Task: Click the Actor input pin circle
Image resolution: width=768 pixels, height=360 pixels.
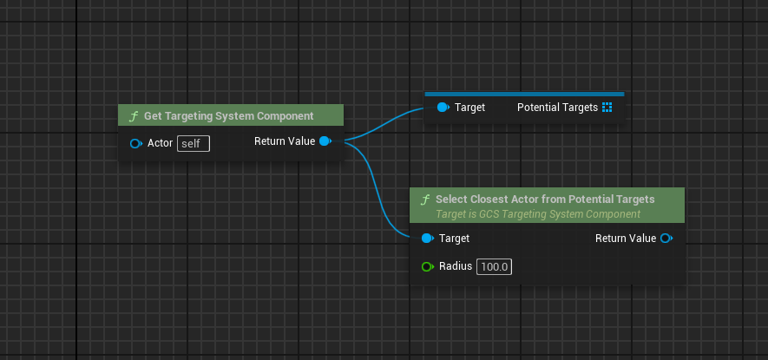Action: [x=135, y=143]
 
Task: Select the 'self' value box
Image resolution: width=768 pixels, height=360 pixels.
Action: [x=194, y=144]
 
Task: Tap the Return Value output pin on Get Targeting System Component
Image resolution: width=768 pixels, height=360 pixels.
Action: [x=325, y=141]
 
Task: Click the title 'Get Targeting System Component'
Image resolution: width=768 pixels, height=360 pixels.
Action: [x=229, y=116]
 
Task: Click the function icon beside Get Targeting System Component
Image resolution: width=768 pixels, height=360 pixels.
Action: [x=133, y=116]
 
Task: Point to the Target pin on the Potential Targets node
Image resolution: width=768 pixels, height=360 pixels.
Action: [x=443, y=108]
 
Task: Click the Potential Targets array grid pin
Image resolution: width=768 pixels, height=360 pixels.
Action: [x=607, y=108]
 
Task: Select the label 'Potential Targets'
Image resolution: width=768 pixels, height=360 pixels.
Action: [x=557, y=108]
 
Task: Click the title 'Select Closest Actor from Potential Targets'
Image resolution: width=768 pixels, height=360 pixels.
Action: [x=545, y=200]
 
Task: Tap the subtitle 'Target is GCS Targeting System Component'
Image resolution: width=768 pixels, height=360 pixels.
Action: [x=538, y=214]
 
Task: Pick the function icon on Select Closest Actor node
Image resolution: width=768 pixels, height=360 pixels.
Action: [x=424, y=200]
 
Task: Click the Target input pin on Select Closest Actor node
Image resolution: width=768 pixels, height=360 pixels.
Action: [x=428, y=238]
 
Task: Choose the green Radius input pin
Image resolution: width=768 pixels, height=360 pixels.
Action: [x=428, y=266]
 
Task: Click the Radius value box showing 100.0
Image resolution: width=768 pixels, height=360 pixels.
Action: [x=494, y=267]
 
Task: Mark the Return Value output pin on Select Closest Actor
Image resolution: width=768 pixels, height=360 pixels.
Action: [x=666, y=238]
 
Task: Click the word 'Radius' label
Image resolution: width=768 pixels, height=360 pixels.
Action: [x=456, y=266]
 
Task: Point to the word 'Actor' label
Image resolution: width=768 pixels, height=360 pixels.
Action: [x=161, y=143]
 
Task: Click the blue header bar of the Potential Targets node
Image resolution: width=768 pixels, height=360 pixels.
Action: [x=524, y=94]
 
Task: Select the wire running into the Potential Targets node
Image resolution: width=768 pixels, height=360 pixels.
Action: [x=384, y=123]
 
